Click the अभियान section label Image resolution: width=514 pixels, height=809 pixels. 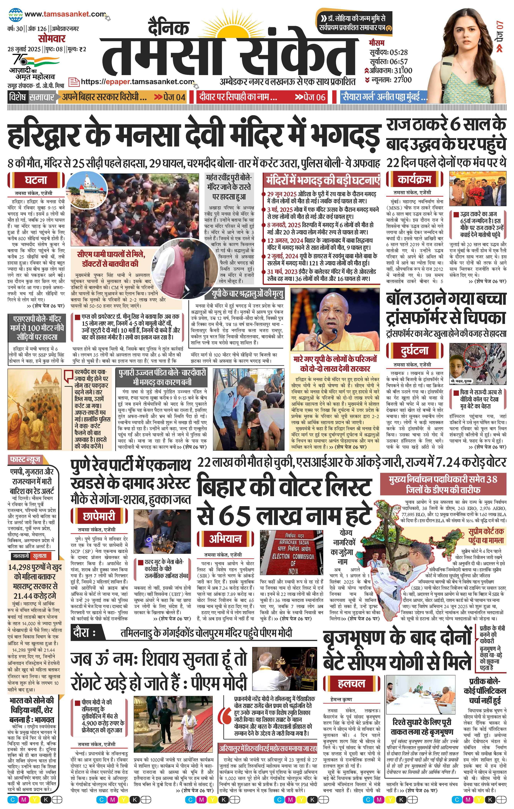(x=225, y=539)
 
